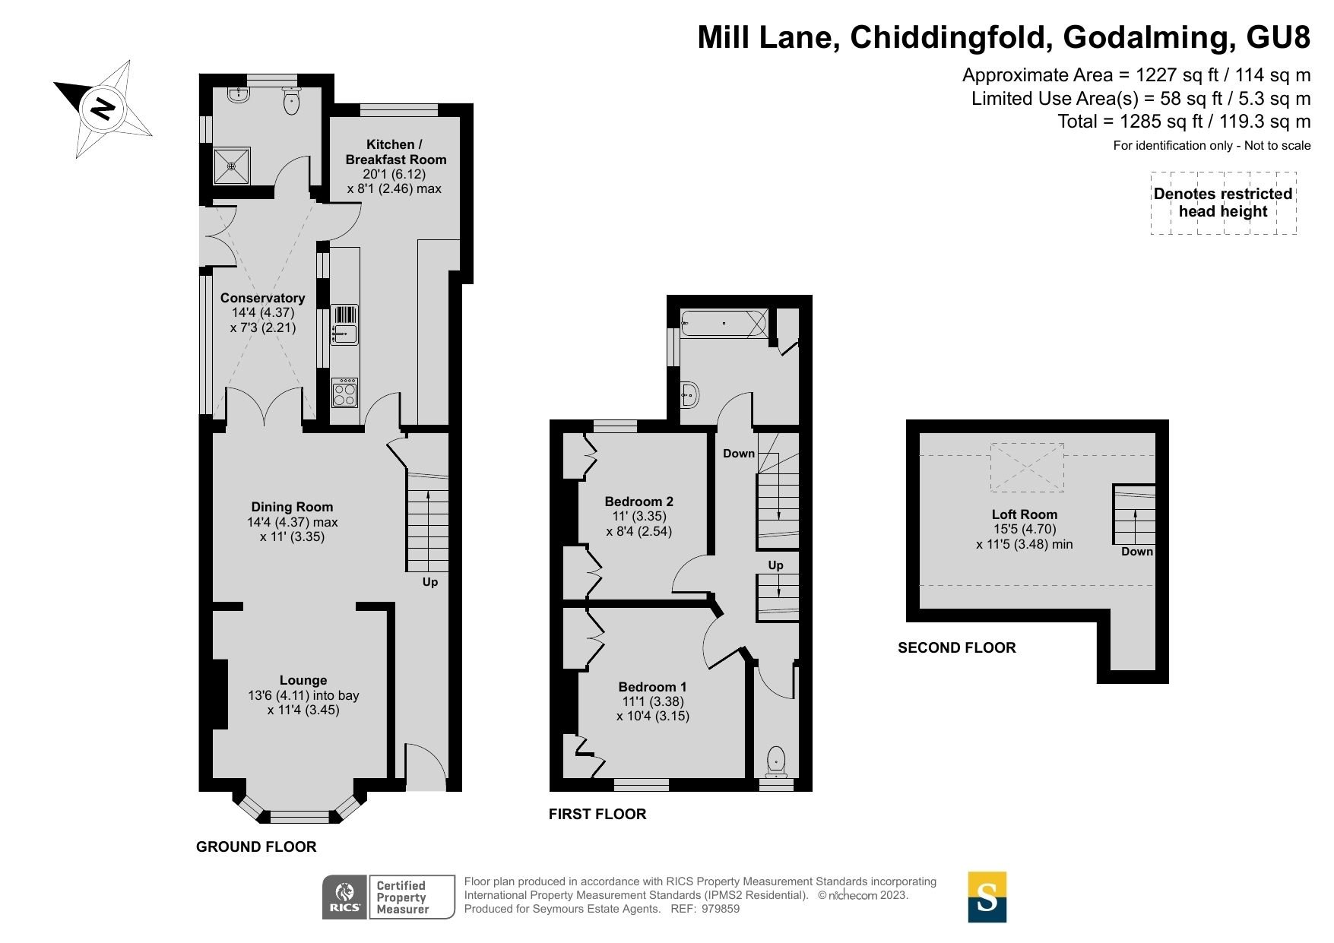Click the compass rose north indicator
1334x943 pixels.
pos(102,109)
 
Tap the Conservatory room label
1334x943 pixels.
pos(262,298)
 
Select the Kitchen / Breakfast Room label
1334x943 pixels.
pos(395,152)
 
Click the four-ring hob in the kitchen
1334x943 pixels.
pos(345,394)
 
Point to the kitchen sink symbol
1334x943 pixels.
pos(344,325)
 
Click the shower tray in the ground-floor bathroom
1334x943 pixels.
pos(231,166)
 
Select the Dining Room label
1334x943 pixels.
pos(292,507)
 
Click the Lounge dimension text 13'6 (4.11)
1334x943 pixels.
pos(303,695)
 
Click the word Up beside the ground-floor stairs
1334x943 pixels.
pos(430,582)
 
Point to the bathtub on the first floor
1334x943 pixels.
pos(724,324)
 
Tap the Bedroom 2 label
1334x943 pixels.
pos(638,502)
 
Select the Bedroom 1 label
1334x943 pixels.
pos(652,687)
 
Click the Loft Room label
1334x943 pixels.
pos(1024,514)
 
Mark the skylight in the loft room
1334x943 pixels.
pos(1027,467)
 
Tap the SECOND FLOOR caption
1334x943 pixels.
pos(956,648)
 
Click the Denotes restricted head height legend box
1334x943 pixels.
pos(1222,203)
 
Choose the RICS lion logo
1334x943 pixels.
pos(345,897)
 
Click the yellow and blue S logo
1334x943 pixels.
pos(987,897)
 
